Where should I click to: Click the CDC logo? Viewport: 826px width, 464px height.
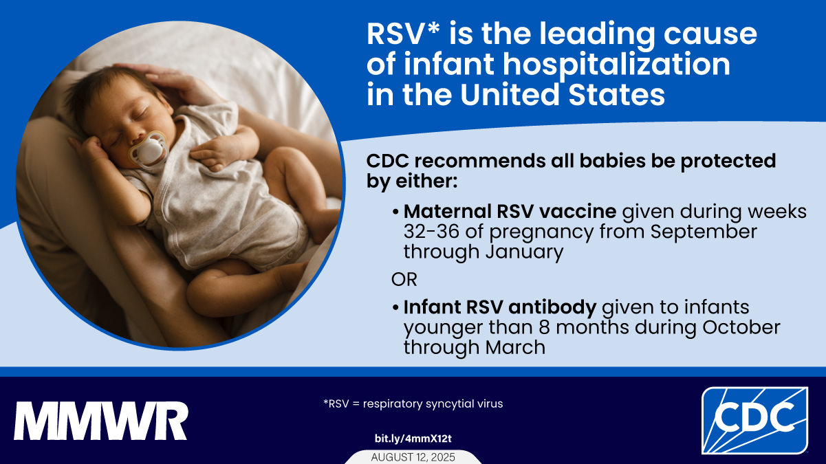click(x=754, y=420)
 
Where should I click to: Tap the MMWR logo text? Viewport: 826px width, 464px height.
click(x=101, y=421)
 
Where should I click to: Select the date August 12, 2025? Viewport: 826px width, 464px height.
click(x=413, y=457)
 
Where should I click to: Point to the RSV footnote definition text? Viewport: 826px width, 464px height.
click(x=413, y=404)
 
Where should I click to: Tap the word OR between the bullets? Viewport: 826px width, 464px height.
click(x=404, y=280)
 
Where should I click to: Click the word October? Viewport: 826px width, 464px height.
click(x=741, y=327)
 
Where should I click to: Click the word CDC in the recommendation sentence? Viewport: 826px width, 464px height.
click(x=389, y=161)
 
